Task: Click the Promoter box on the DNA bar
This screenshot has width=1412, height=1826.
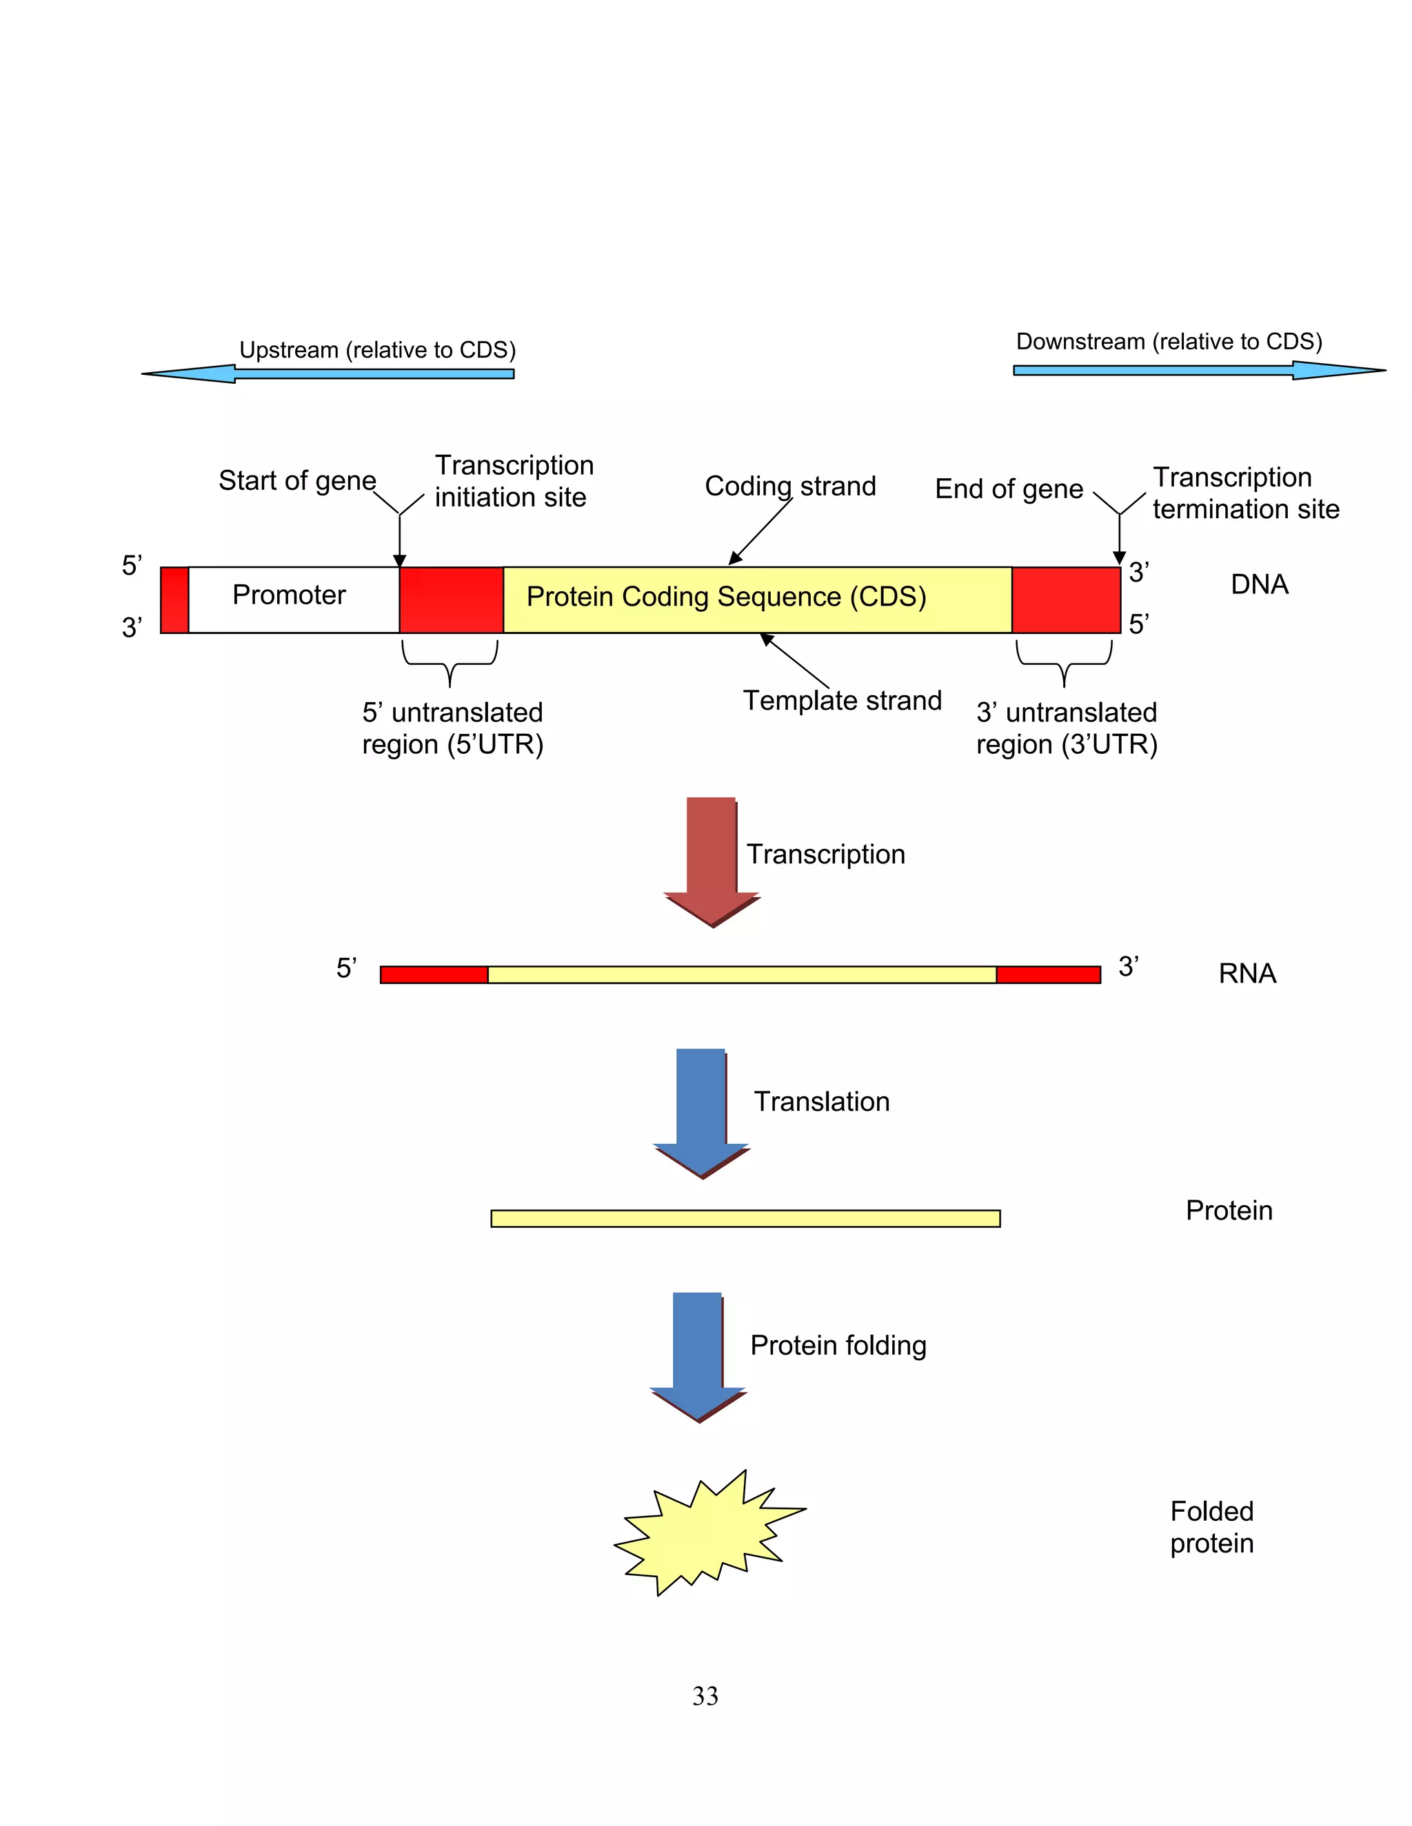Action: click(x=294, y=599)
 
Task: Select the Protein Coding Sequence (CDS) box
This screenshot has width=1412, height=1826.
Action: click(x=757, y=599)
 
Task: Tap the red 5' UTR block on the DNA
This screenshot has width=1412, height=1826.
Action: click(x=451, y=599)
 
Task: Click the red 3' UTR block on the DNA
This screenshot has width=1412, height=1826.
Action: click(x=1066, y=599)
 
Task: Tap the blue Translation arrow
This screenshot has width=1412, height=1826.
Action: click(x=700, y=1108)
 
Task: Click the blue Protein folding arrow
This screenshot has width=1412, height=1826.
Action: click(x=697, y=1352)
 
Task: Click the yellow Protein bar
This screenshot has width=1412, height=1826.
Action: click(x=745, y=1218)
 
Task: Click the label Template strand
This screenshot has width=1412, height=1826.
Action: click(x=842, y=701)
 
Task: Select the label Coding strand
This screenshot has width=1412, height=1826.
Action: click(x=789, y=486)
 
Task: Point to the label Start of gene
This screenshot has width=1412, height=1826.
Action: click(x=297, y=481)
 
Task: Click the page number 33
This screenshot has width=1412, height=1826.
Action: click(x=705, y=1696)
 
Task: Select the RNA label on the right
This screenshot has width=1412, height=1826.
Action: click(x=1247, y=973)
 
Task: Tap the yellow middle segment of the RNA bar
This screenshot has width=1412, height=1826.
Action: click(x=741, y=975)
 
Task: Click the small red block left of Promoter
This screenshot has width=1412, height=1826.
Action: click(x=174, y=599)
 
